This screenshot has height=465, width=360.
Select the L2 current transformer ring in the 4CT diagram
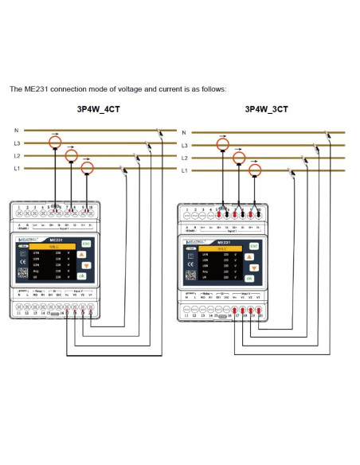72,155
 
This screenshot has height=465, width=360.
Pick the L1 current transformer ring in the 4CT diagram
88,168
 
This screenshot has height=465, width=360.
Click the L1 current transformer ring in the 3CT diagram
255,170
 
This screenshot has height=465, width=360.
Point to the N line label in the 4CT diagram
16,130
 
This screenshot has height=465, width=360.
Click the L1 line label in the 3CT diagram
184,171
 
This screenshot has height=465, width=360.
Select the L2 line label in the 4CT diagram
17,155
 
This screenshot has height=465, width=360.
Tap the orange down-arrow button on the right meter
249,268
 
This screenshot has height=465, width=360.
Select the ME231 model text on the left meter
57,238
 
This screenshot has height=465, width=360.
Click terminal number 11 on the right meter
186,315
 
